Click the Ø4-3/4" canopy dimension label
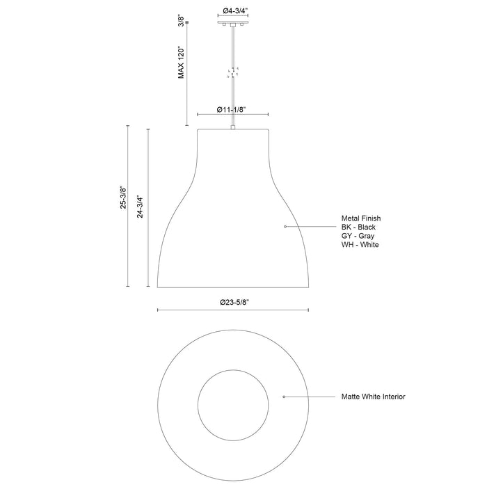[232, 10]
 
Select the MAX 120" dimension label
[182, 63]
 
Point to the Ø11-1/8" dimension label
[232, 111]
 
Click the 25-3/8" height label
[122, 198]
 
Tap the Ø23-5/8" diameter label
[232, 303]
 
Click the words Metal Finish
[361, 218]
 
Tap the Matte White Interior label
[372, 397]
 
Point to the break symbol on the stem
[232, 72]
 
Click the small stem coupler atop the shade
[232, 127]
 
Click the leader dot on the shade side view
[285, 227]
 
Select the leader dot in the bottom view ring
[284, 397]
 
